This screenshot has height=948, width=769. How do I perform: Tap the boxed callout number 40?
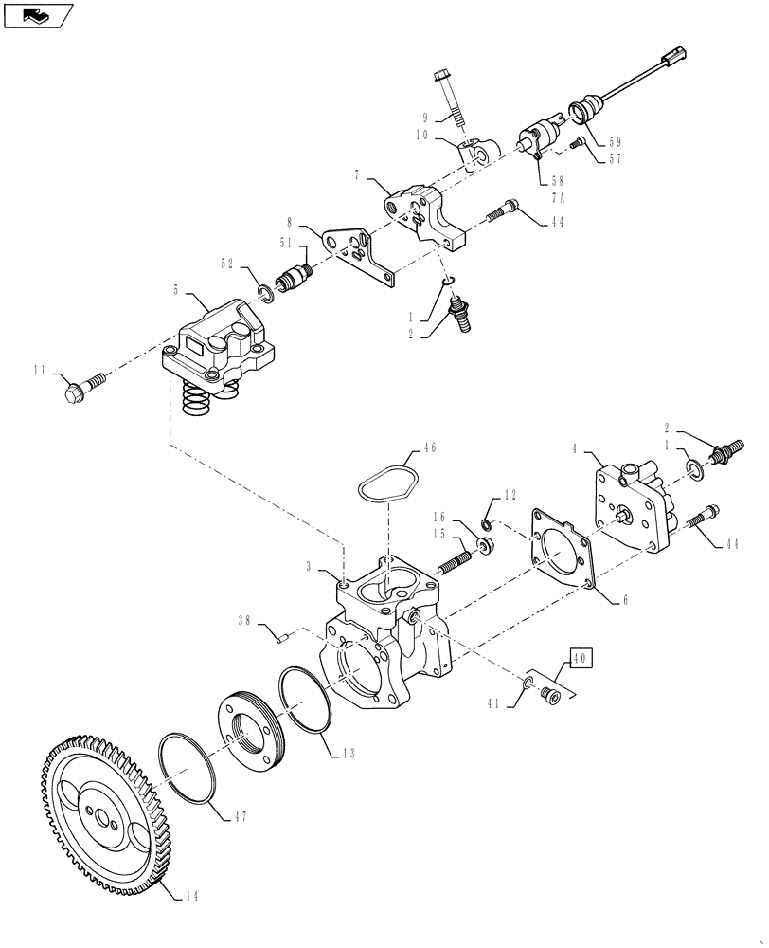click(580, 657)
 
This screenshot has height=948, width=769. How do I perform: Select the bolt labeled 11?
click(84, 386)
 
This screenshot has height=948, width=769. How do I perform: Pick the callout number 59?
click(615, 140)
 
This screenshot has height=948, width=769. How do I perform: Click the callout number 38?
click(244, 621)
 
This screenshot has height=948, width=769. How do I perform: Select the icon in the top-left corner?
click(38, 14)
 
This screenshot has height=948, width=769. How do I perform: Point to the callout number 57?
click(615, 159)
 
